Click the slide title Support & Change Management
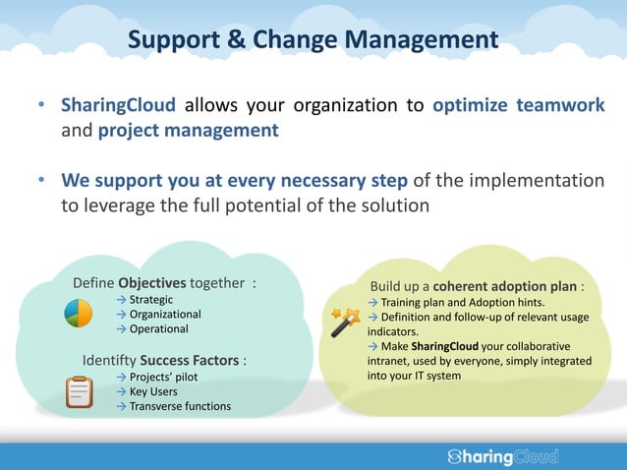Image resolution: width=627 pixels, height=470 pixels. coord(313,40)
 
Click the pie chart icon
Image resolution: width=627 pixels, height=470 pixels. coord(78,314)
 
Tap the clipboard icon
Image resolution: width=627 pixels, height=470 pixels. coord(80,390)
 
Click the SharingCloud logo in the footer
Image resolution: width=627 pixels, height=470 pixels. coord(502,456)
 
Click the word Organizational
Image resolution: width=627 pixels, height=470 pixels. coord(165,315)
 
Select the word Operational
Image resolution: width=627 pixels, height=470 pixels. coord(159,329)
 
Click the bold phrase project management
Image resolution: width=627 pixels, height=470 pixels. coord(188,130)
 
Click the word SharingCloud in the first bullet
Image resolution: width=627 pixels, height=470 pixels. coord(119,105)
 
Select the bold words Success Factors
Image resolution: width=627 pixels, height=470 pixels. coord(190,360)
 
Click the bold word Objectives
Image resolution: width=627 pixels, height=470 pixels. coord(151,283)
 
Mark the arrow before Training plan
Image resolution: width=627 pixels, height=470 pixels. coord(373,302)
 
